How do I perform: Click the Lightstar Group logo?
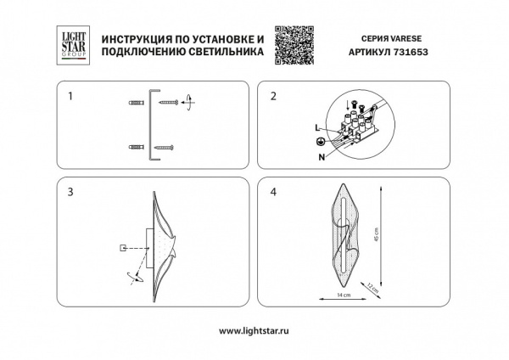pyautogui.click(x=69, y=43)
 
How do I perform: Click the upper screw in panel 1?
pyautogui.click(x=169, y=103)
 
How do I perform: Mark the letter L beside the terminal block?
pyautogui.click(x=316, y=127)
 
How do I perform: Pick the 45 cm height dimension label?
pyautogui.click(x=388, y=239)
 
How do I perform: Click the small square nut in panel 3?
pyautogui.click(x=123, y=248)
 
